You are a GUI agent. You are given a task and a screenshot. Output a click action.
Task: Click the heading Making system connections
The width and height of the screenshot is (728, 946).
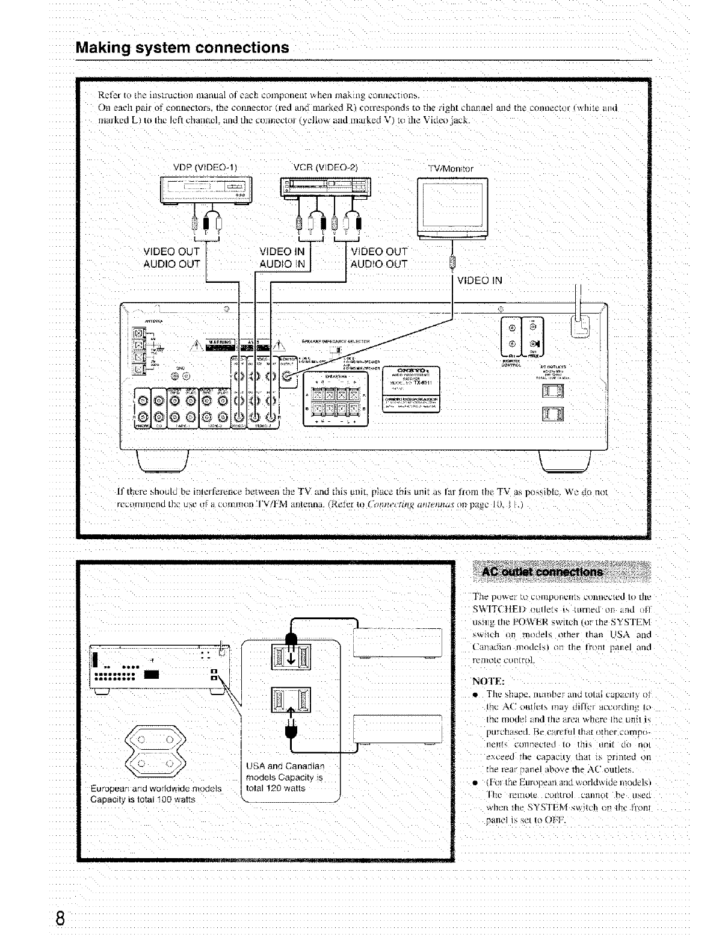pyautogui.click(x=182, y=48)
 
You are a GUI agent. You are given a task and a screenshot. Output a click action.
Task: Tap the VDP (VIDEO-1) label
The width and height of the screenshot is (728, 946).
pyautogui.click(x=205, y=167)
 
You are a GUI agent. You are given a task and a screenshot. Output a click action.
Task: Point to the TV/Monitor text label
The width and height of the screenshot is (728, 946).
pyautogui.click(x=451, y=168)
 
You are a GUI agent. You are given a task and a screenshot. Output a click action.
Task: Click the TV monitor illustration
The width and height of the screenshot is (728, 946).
pyautogui.click(x=452, y=206)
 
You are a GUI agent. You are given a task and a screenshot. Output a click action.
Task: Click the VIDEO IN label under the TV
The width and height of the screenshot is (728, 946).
pyautogui.click(x=480, y=280)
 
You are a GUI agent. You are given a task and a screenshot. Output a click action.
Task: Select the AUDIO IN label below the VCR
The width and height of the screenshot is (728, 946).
pyautogui.click(x=282, y=264)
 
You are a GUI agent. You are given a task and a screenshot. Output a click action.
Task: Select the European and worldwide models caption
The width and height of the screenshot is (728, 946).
pyautogui.click(x=155, y=794)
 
